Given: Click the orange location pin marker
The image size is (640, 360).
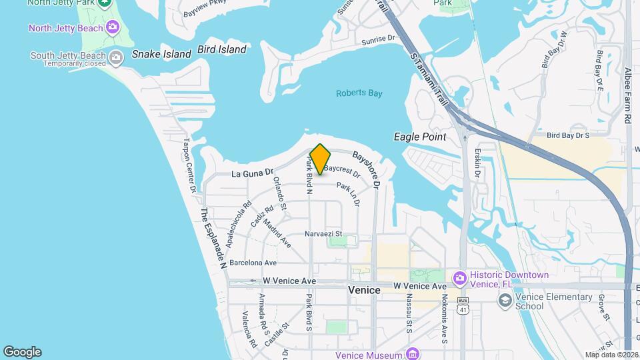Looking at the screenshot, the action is [321, 159].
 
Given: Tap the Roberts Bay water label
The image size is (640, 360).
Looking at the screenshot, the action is [359, 93].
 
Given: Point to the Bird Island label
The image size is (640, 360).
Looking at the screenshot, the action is [222, 49].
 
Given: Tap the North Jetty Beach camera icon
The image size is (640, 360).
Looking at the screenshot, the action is [113, 28].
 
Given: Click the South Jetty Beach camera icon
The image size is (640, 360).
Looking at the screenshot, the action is [116, 57].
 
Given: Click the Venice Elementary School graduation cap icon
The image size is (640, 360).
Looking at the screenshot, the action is [505, 300].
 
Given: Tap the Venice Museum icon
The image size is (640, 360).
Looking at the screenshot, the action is [413, 353].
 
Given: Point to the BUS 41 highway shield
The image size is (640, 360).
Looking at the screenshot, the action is [463, 307].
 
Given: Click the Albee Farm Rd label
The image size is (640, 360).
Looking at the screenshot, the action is [628, 95].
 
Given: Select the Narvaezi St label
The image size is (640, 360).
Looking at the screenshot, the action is [323, 234].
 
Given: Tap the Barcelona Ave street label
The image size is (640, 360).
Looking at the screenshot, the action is [253, 263].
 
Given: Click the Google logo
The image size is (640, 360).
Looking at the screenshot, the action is [22, 352].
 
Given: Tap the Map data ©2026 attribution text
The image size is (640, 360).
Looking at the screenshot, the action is [611, 355].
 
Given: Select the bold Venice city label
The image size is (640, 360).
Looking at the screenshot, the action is [364, 290].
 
